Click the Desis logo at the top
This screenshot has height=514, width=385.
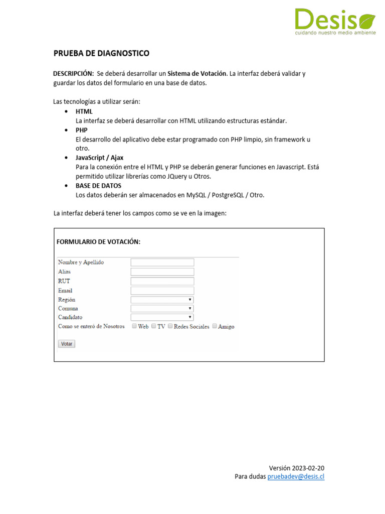[334, 22]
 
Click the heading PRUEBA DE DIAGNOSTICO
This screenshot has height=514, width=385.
[101, 53]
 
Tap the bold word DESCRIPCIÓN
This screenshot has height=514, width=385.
[73, 73]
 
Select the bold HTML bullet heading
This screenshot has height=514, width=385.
[84, 111]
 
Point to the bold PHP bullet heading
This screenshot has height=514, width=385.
[82, 130]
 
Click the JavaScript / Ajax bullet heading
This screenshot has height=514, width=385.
[99, 158]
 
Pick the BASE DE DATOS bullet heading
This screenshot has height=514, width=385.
[98, 186]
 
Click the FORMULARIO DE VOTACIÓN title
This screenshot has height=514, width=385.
[98, 241]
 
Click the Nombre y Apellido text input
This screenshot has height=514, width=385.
[162, 263]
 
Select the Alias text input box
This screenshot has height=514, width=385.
[162, 272]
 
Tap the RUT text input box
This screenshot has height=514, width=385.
[162, 281]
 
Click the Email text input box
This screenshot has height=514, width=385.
[162, 291]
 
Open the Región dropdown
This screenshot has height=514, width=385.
[162, 300]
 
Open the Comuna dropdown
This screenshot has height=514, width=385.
[162, 309]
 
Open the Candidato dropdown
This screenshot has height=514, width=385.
[162, 317]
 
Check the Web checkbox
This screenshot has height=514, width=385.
[134, 326]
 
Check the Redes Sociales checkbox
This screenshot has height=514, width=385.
[170, 326]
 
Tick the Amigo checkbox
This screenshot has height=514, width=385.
[215, 326]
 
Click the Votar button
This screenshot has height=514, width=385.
[67, 344]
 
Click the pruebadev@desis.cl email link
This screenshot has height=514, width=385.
[296, 476]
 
